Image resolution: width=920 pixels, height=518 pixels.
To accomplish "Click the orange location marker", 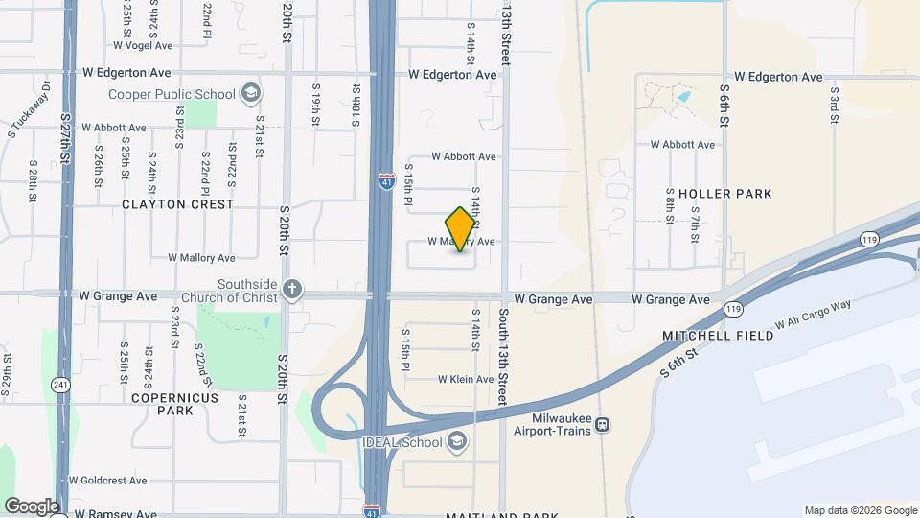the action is [x=460, y=228].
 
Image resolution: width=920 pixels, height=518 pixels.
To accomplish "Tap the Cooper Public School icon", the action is [x=251, y=93].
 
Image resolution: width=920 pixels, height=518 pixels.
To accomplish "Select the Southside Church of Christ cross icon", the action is [x=292, y=289].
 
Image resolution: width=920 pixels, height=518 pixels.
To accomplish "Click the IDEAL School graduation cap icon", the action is [x=457, y=441].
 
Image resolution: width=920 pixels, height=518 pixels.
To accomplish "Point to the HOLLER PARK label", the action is [x=724, y=194].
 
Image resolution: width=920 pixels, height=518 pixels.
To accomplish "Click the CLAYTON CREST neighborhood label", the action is [x=177, y=204].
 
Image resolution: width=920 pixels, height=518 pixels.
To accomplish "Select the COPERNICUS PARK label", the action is [x=174, y=404].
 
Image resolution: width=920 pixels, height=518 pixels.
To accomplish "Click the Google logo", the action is [x=32, y=506].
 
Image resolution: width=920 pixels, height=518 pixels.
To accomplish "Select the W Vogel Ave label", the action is [x=142, y=45].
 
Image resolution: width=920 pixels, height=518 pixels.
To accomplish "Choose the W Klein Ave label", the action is [x=466, y=380].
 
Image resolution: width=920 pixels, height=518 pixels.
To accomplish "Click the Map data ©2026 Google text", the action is [x=861, y=510].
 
